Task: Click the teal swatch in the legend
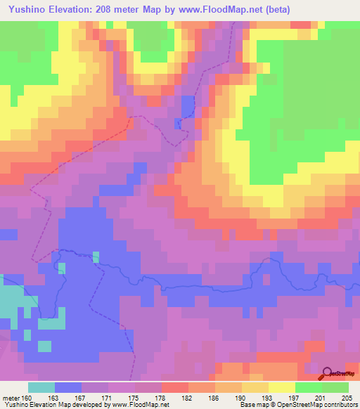pyautogui.click(x=41, y=387)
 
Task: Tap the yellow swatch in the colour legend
pyautogui.click(x=282, y=387)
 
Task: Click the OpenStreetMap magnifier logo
pyautogui.click(x=328, y=374)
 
